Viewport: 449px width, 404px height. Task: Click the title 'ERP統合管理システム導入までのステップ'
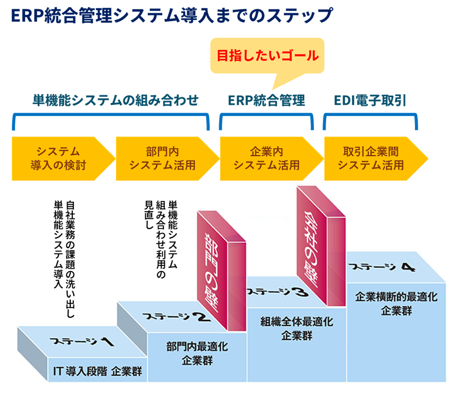pos(171,15)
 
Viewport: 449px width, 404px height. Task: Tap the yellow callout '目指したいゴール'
pos(267,55)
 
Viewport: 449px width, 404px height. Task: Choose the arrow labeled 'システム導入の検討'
pos(59,158)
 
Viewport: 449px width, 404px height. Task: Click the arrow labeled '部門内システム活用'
pos(162,158)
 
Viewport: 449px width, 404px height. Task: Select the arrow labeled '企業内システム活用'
pos(267,158)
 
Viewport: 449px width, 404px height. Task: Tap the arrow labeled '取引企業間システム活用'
pos(371,158)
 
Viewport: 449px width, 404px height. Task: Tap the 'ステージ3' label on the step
pos(276,291)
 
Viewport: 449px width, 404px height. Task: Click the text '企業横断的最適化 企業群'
pos(396,304)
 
